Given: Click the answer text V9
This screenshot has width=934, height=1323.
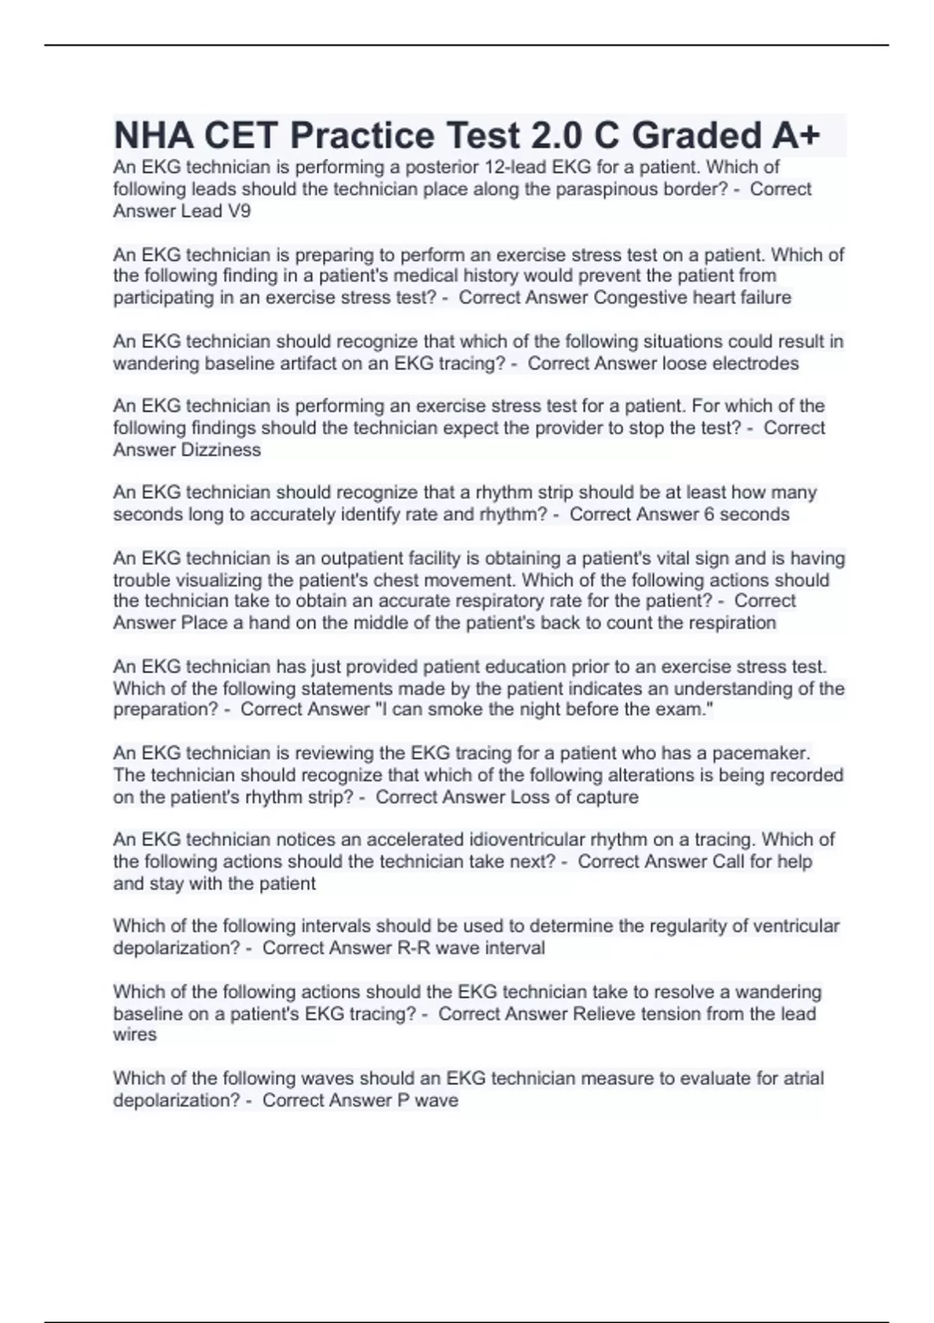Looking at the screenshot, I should point(239,211).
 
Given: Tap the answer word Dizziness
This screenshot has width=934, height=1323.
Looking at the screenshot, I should point(221,450).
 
